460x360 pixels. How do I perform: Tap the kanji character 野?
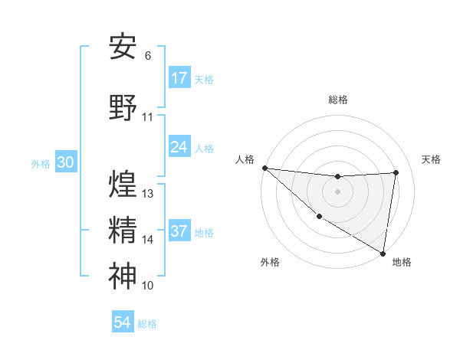[123, 107]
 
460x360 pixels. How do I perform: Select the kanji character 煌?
[123, 184]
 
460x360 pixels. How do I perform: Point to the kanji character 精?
[123, 230]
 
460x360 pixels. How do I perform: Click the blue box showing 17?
[179, 78]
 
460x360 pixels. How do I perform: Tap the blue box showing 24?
[179, 147]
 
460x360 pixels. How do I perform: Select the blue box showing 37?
[179, 231]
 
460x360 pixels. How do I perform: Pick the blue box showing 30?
[66, 162]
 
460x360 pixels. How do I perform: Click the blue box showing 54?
[123, 322]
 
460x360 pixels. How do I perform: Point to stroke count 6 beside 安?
[148, 56]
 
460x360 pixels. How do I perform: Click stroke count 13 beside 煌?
[149, 194]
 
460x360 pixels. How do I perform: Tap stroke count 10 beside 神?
[148, 286]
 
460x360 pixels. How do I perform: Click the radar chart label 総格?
[337, 100]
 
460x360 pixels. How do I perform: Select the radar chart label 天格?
[432, 159]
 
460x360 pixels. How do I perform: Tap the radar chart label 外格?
[269, 262]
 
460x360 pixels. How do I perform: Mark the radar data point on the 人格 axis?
[264, 168]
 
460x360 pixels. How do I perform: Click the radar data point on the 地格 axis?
[383, 253]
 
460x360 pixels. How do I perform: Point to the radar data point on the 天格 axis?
[396, 172]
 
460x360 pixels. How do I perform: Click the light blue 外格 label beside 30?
[41, 163]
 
